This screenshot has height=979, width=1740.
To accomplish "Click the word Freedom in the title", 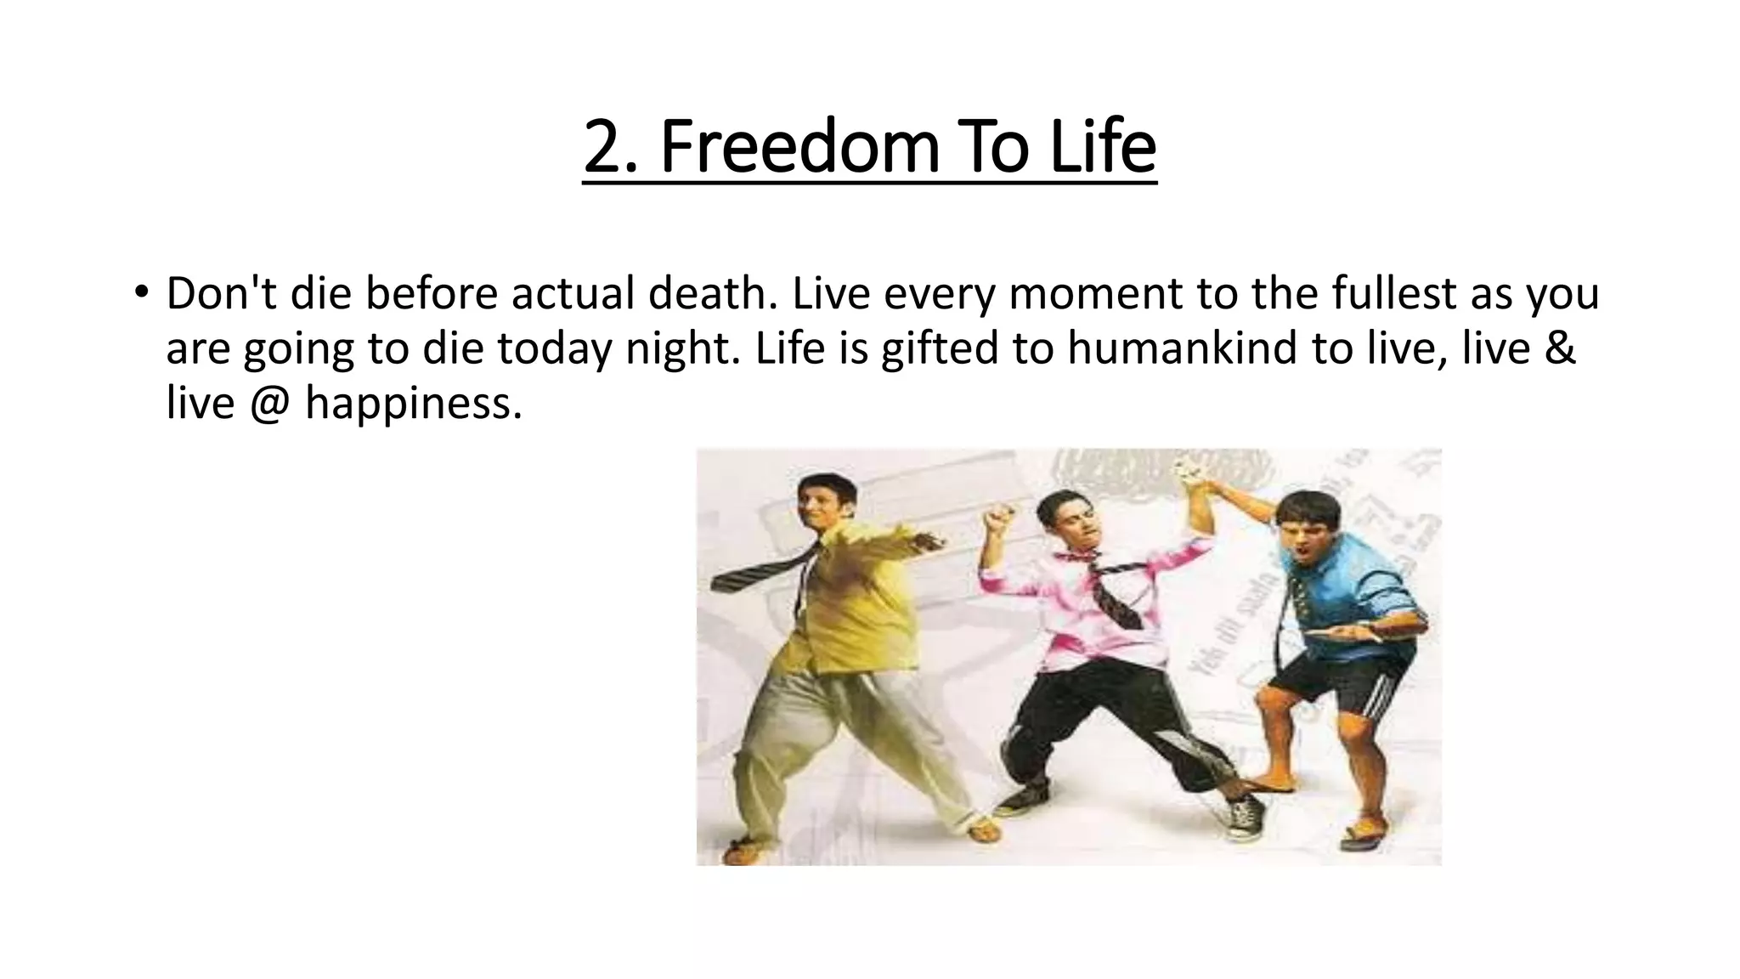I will click(799, 147).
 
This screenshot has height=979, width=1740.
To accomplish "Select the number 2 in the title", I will click(602, 149).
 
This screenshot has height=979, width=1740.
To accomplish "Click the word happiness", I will click(413, 404).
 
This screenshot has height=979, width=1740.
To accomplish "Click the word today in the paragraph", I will click(553, 349).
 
